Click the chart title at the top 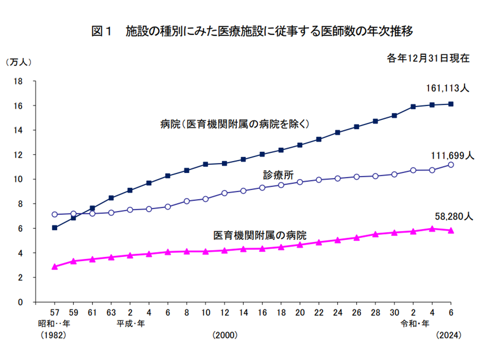point(252,31)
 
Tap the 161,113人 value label point(447,88)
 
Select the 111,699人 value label point(452,156)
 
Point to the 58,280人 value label point(452,216)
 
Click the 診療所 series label point(278,174)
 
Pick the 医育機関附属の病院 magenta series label point(259,234)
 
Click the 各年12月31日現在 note point(428,58)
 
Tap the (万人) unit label point(18,62)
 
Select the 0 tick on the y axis point(21,302)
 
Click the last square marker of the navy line point(451,104)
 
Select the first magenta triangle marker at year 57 point(54,267)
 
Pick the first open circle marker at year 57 point(54,214)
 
